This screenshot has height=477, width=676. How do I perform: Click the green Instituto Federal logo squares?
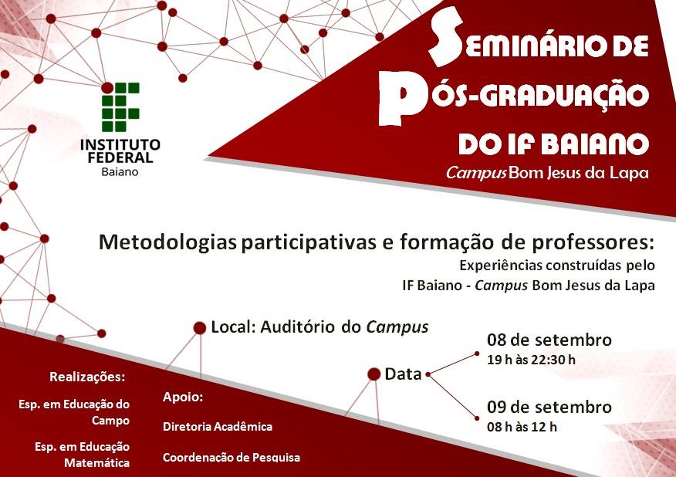tap(120, 107)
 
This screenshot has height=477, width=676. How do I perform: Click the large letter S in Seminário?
tap(445, 36)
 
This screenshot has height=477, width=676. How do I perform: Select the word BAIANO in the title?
tap(595, 144)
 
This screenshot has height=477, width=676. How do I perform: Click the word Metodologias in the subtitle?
tap(167, 243)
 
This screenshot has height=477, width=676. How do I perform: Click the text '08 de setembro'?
tap(549, 340)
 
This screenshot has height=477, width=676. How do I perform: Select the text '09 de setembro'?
tap(549, 407)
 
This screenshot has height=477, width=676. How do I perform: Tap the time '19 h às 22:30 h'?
tap(531, 360)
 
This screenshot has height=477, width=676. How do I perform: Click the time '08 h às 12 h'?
tap(522, 427)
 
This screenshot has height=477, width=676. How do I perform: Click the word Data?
tap(403, 374)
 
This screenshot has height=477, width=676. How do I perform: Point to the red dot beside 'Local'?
tap(200, 328)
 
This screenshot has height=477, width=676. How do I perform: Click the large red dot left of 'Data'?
tap(373, 374)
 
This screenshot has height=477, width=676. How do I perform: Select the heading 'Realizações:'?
tap(87, 377)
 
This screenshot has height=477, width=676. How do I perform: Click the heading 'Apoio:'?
tap(183, 397)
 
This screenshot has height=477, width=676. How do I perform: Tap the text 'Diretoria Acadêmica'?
tap(218, 427)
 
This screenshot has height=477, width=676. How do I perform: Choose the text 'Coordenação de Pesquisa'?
tap(232, 457)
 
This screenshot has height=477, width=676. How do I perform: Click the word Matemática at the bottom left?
tap(97, 463)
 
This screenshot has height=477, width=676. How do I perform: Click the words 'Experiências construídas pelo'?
tap(557, 266)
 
